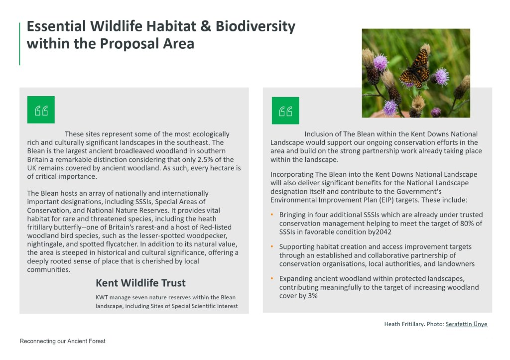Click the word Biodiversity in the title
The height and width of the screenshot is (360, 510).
[x=255, y=27]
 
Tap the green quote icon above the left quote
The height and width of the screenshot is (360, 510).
[x=41, y=110]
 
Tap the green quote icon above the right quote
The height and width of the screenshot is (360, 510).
[x=285, y=111]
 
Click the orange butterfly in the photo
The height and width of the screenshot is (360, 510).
[x=414, y=69]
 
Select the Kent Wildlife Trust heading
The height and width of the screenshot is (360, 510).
[x=140, y=283]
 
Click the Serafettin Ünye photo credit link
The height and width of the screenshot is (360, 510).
[x=466, y=324]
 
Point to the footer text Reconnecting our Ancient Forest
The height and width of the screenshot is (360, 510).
[x=62, y=341]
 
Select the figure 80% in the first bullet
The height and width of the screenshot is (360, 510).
[x=467, y=224]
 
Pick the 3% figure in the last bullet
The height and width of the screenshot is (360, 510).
[x=313, y=296]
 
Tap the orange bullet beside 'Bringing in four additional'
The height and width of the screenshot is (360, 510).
[x=272, y=215]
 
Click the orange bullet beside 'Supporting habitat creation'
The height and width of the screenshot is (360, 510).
[x=272, y=246]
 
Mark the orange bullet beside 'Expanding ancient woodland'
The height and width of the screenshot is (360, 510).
[x=272, y=278]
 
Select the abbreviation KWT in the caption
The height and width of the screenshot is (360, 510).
[x=102, y=297]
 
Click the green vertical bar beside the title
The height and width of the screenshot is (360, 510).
[x=20, y=44]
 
